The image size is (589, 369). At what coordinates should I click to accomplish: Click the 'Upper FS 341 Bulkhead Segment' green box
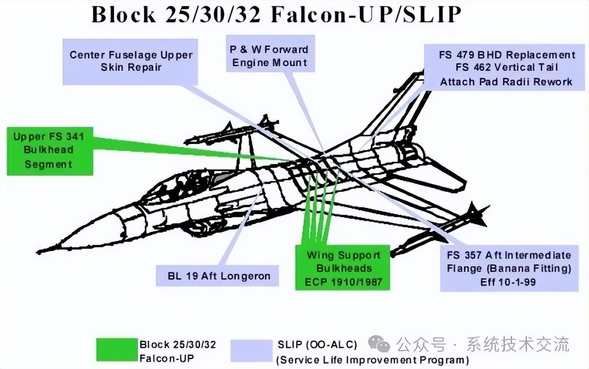click(x=50, y=151)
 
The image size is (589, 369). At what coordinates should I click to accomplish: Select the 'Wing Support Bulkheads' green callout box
click(x=343, y=268)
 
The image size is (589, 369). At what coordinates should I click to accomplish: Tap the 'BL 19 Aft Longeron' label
click(x=217, y=276)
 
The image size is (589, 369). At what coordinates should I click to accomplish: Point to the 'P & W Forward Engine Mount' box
click(x=270, y=56)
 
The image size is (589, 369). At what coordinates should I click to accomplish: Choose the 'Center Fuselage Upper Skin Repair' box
click(x=131, y=61)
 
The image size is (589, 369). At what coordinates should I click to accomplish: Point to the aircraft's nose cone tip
click(x=40, y=251)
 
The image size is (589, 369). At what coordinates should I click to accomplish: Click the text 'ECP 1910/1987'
click(x=343, y=282)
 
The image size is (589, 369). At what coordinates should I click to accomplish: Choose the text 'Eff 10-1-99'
click(x=508, y=282)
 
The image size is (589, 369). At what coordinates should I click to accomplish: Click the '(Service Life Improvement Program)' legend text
click(x=373, y=360)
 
